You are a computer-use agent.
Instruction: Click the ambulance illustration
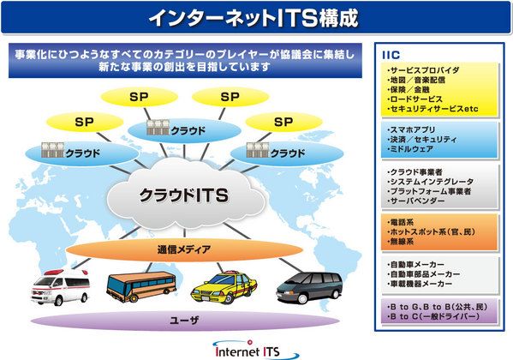tap(60, 287)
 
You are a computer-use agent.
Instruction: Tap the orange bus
tap(141, 286)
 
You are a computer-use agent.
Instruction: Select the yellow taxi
tap(224, 287)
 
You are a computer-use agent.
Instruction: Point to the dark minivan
tap(309, 287)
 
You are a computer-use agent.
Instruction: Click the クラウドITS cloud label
tap(184, 195)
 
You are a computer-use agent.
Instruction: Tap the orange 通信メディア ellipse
tap(184, 249)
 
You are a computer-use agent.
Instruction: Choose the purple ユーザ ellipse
tap(185, 320)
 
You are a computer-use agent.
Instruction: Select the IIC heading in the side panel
tap(391, 55)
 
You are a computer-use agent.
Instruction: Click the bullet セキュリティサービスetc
tap(432, 109)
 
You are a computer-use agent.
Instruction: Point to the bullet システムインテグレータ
tap(430, 182)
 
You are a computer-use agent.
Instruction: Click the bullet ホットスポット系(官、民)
tap(431, 232)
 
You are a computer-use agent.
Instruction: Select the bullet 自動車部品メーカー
tap(423, 273)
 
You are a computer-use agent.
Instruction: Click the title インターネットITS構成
tap(254, 18)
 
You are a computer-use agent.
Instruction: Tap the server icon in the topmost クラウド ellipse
tap(158, 128)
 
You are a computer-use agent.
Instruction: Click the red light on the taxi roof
tap(231, 273)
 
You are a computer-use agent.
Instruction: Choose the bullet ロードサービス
tap(415, 99)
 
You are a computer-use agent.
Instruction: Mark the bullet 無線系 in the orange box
tap(401, 242)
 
